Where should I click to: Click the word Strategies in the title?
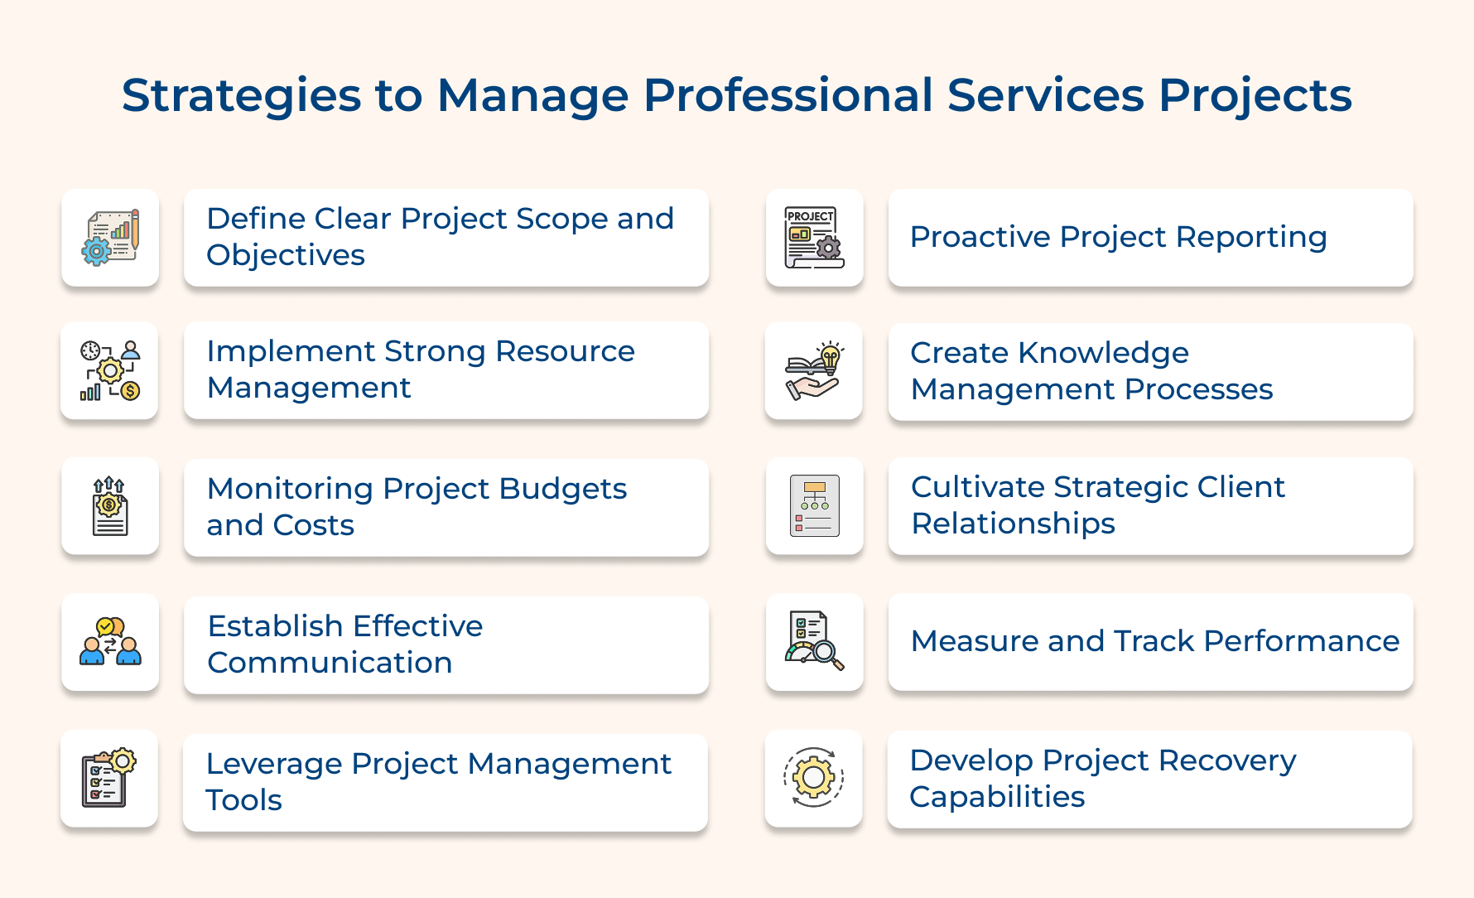pos(241,96)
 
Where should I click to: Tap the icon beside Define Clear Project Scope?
pos(110,238)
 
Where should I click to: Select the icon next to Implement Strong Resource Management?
pos(110,370)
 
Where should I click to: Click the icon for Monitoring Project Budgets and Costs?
pos(110,506)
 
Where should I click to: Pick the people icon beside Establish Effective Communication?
pos(110,642)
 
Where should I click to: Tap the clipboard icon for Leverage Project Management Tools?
pos(109,778)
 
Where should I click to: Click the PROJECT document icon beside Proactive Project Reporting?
pos(814,238)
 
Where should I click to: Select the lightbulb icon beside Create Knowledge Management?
pos(814,371)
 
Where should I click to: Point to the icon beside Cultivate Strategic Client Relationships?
pos(814,506)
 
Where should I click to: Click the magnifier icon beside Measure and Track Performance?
pos(814,642)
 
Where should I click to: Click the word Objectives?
pos(286,256)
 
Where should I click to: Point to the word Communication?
pos(330,663)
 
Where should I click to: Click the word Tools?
pos(243,800)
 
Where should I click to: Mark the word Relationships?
pos(1013,524)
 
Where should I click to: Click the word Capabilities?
pos(997,797)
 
